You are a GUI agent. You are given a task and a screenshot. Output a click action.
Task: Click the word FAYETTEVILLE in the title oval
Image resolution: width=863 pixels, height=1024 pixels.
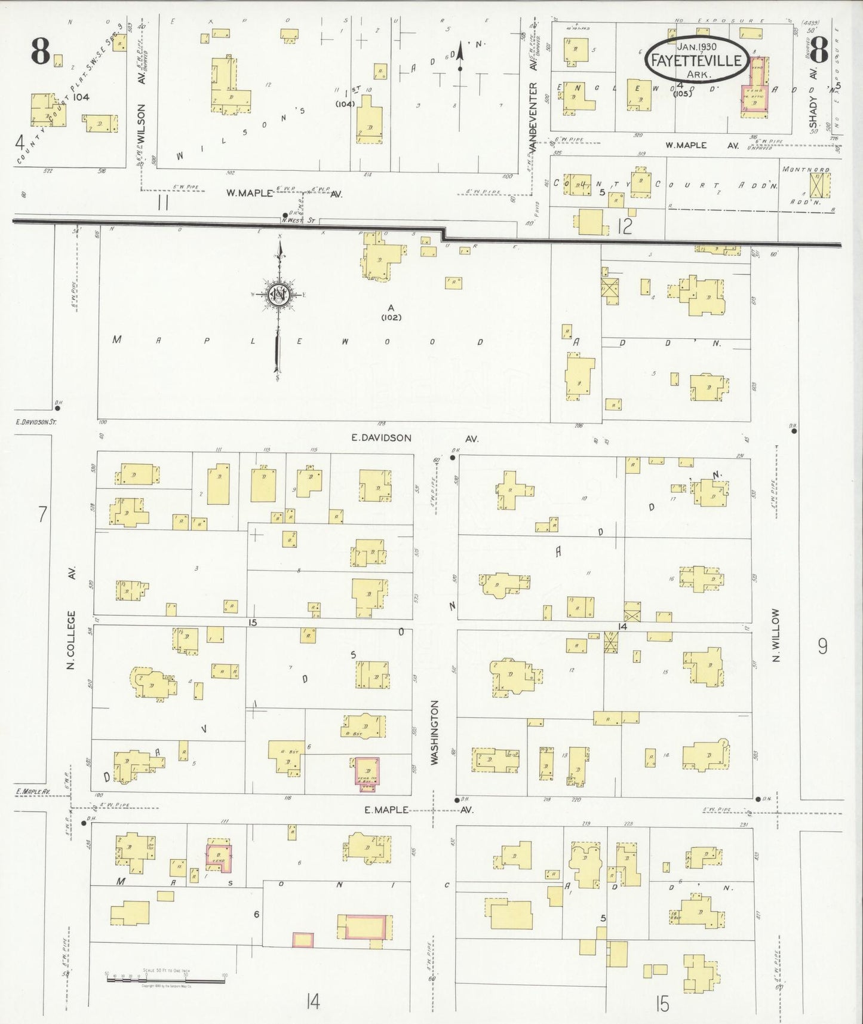pos(696,61)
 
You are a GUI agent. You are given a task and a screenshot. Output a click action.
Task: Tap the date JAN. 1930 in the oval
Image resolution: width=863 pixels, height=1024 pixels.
pos(696,47)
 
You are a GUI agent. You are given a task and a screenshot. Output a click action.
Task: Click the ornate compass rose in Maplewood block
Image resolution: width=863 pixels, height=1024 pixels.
pos(278,294)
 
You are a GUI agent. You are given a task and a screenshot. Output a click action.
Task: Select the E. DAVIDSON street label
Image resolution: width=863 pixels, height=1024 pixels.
pos(381,438)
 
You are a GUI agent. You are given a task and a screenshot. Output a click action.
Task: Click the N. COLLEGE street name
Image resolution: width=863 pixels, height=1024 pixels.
pos(71,639)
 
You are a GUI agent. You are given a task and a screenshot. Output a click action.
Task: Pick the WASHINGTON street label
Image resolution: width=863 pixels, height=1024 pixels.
pos(434,732)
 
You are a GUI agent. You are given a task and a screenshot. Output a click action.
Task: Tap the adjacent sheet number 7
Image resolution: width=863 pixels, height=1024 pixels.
pos(42,514)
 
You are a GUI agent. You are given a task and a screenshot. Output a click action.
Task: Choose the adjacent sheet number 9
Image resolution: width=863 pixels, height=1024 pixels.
pos(822,646)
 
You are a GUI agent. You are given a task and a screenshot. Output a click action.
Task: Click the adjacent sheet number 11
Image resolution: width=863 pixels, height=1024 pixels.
pos(162,204)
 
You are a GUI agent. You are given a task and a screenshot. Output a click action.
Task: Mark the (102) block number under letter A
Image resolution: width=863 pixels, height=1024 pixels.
pos(391,318)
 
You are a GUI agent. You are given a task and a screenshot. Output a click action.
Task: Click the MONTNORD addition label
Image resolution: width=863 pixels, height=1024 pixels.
pos(806,170)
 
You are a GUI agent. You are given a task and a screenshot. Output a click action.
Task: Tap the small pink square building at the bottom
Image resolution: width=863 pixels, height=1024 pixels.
pos(303,940)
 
